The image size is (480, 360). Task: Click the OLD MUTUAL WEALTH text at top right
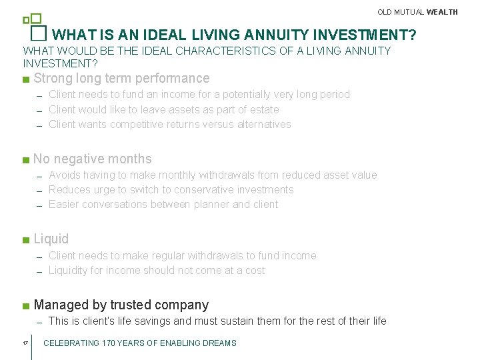(x=417, y=12)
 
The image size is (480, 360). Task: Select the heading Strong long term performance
(x=121, y=79)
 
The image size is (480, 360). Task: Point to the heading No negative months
(x=93, y=159)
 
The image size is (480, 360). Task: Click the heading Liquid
(x=51, y=239)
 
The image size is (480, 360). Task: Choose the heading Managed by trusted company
(x=121, y=305)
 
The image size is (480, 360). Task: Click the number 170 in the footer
(x=110, y=343)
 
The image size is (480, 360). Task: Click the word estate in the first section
(x=264, y=109)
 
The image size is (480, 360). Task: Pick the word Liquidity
(x=71, y=270)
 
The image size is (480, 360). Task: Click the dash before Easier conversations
(x=40, y=205)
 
